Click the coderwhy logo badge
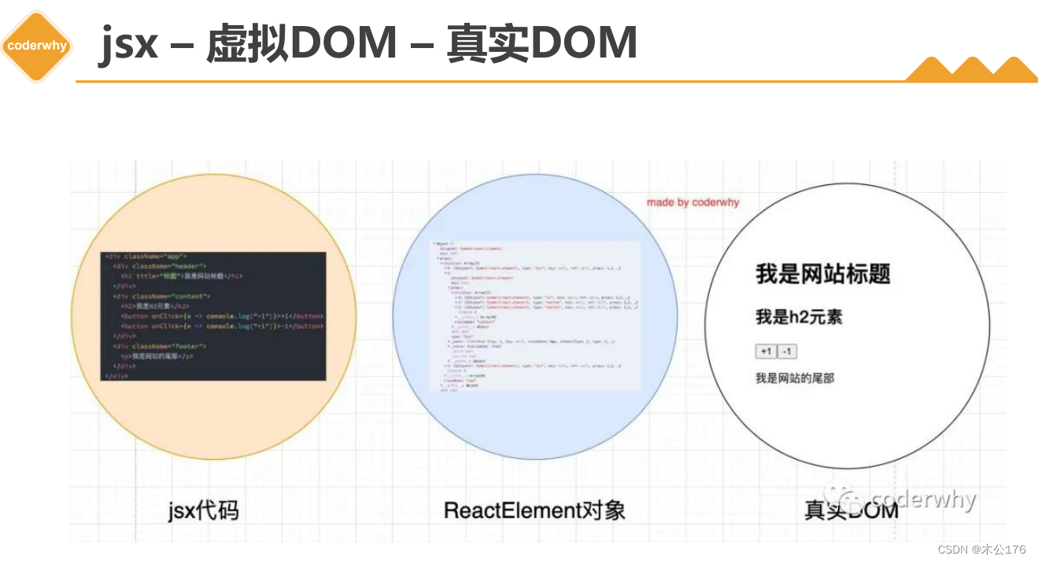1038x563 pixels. coord(37,46)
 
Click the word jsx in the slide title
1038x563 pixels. coord(129,43)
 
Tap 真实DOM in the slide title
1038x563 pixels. coord(541,43)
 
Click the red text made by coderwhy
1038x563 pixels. coord(693,202)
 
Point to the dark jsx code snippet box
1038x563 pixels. coord(213,317)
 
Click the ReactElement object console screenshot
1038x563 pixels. coord(535,317)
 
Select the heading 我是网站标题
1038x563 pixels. coord(822,274)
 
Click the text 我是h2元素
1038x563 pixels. coord(799,317)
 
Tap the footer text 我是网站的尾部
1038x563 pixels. coord(794,379)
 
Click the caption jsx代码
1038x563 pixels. coord(203,510)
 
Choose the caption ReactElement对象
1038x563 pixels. coord(534,510)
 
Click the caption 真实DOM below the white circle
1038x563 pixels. coord(851,510)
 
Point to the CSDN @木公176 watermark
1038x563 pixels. coord(981,549)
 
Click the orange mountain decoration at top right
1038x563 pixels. coord(971,69)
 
